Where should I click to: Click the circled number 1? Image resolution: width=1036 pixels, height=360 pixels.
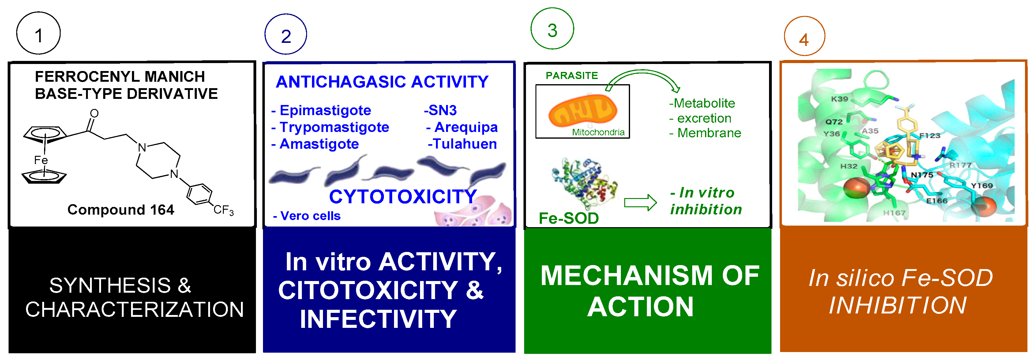(x=38, y=34)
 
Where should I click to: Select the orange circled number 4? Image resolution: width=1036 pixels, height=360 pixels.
(x=804, y=39)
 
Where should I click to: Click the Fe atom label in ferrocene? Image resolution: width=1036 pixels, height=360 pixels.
(x=41, y=160)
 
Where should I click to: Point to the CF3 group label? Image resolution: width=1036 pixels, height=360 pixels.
(x=223, y=210)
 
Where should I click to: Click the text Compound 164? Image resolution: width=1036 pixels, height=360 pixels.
(x=121, y=210)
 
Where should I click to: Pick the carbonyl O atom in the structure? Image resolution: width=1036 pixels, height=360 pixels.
(x=94, y=114)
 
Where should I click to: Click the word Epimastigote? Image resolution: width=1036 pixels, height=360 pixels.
(x=325, y=110)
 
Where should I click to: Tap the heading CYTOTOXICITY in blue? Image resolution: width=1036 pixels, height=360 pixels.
(x=403, y=197)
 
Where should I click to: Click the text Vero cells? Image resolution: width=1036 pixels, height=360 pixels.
(x=310, y=216)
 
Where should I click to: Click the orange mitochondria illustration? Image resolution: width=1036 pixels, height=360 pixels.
(x=582, y=110)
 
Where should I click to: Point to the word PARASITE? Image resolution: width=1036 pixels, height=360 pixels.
(x=572, y=76)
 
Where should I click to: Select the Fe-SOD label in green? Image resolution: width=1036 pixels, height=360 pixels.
(x=568, y=218)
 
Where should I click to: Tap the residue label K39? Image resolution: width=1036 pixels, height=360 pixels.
(x=839, y=99)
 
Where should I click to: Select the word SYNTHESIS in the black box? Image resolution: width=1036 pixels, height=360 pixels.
(x=109, y=286)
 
